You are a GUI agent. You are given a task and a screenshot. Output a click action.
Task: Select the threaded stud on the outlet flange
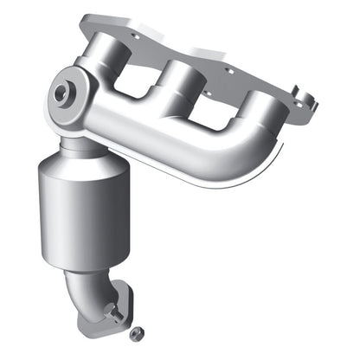pos(111,309)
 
